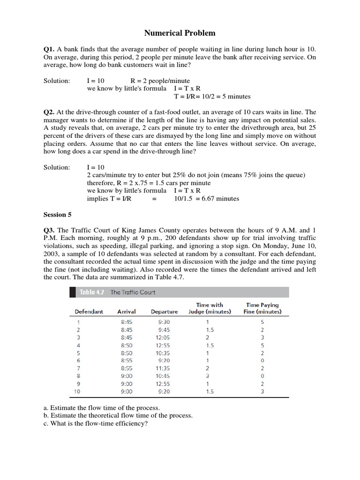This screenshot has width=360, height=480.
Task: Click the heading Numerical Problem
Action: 180,33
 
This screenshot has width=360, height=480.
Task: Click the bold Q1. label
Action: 49,48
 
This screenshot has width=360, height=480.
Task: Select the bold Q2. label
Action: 49,112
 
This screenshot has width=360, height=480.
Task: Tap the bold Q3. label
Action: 49,230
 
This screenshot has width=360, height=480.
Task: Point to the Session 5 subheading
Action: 57,215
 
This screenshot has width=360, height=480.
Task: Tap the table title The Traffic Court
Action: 133,292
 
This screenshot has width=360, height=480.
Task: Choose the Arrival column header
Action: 127,312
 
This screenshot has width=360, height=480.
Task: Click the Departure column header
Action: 164,312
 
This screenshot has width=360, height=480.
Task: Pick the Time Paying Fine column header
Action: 262,308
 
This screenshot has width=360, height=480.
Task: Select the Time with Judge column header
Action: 210,308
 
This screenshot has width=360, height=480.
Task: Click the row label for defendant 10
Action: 78,391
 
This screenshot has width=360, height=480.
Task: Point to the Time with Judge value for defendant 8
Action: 207,376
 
